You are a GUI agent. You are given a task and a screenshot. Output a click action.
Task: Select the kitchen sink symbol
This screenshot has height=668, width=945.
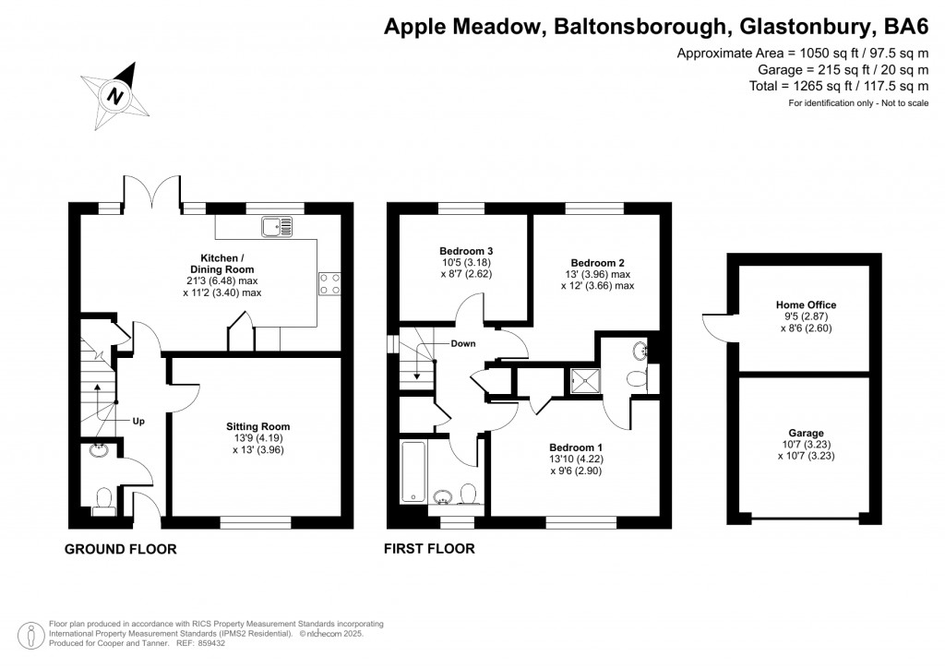tap(276, 225)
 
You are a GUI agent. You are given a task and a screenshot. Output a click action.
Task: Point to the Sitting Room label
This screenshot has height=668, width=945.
tap(257, 426)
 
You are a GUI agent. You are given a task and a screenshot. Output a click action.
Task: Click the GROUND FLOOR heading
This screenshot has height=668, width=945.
tap(120, 550)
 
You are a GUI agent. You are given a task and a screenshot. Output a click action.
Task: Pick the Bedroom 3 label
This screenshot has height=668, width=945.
tap(465, 251)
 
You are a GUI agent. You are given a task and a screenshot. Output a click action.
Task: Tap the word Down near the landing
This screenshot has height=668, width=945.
tap(463, 343)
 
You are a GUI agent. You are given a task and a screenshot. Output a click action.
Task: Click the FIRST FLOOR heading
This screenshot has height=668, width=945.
tap(429, 550)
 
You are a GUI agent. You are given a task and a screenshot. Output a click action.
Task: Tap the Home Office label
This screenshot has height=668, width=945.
tap(806, 304)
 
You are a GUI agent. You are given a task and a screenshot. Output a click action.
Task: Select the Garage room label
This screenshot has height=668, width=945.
tap(806, 433)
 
